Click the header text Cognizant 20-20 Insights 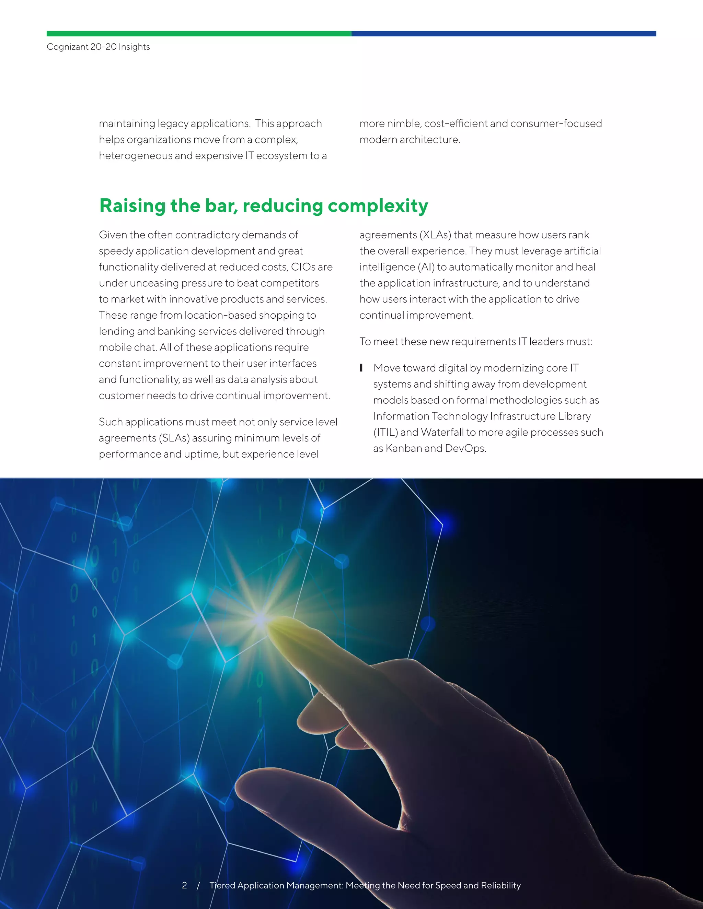98,47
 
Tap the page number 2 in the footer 184,885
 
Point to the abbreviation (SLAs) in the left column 174,438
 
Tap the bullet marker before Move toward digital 361,368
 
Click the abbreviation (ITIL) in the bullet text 385,433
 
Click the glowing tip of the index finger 273,625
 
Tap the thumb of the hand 266,782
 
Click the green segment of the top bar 199,34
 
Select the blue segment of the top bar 504,34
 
